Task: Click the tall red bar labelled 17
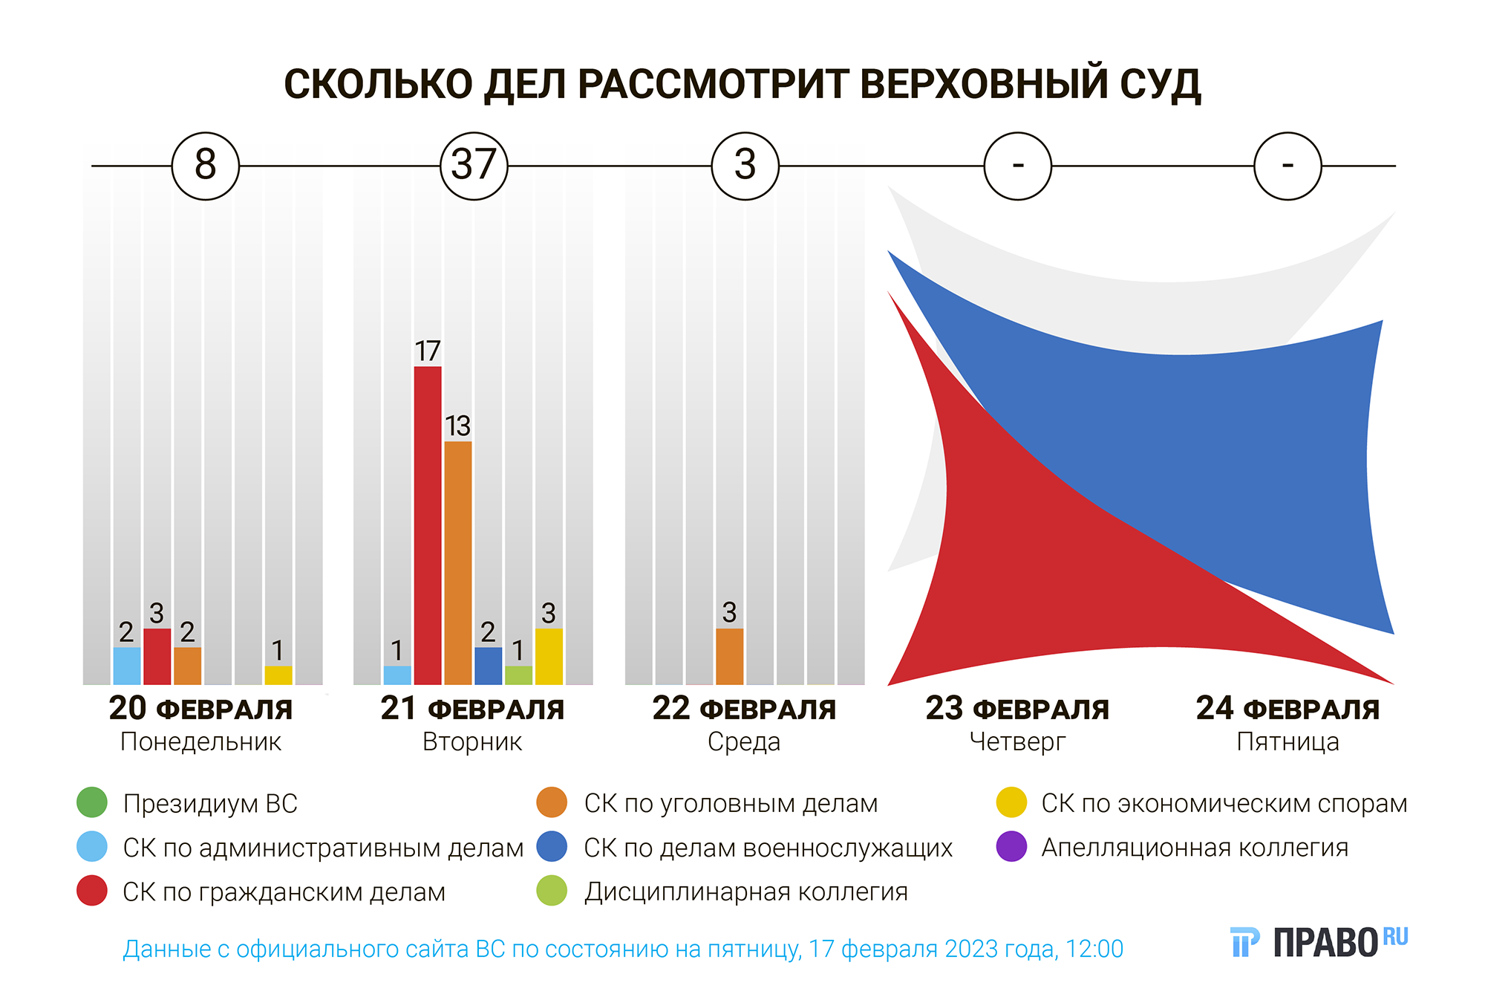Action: [428, 525]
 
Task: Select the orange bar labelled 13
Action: [457, 562]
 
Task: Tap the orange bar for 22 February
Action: [729, 656]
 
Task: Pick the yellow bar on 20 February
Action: [278, 675]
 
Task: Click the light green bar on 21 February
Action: [518, 675]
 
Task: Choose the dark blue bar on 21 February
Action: [488, 666]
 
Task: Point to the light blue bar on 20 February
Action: [127, 666]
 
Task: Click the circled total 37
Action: [474, 165]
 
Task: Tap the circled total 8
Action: [206, 165]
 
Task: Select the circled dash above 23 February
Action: [1017, 165]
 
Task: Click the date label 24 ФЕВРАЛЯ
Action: [1287, 709]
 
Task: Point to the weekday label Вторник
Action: [472, 741]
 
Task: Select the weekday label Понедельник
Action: [200, 741]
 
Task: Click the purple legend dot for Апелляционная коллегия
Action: [1011, 846]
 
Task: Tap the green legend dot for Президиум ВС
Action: [92, 802]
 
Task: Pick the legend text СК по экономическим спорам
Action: [1224, 803]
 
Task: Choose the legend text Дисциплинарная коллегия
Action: [745, 892]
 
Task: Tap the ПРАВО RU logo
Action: [1319, 942]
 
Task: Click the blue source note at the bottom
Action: [622, 949]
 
